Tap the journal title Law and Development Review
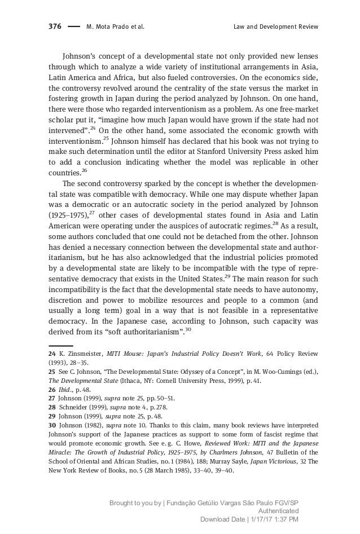point(275,27)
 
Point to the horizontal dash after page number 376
point(73,27)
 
